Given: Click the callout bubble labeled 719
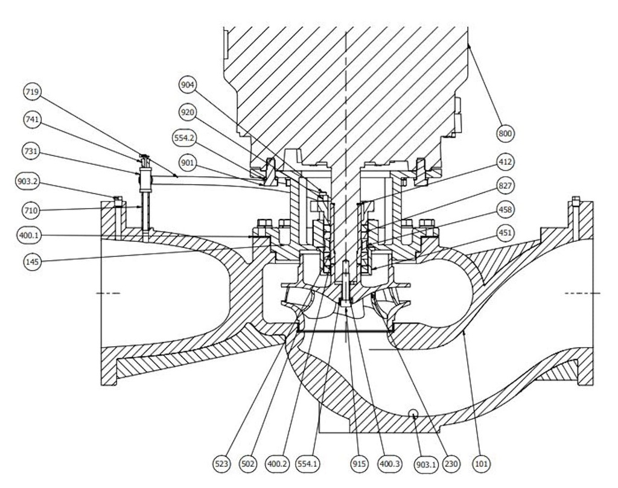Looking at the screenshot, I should pyautogui.click(x=32, y=92).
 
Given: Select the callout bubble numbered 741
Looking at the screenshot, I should pyautogui.click(x=32, y=120).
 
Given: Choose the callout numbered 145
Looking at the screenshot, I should pyautogui.click(x=32, y=262).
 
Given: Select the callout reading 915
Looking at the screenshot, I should pyautogui.click(x=358, y=464).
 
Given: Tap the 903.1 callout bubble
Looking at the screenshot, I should pyautogui.click(x=425, y=464).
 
